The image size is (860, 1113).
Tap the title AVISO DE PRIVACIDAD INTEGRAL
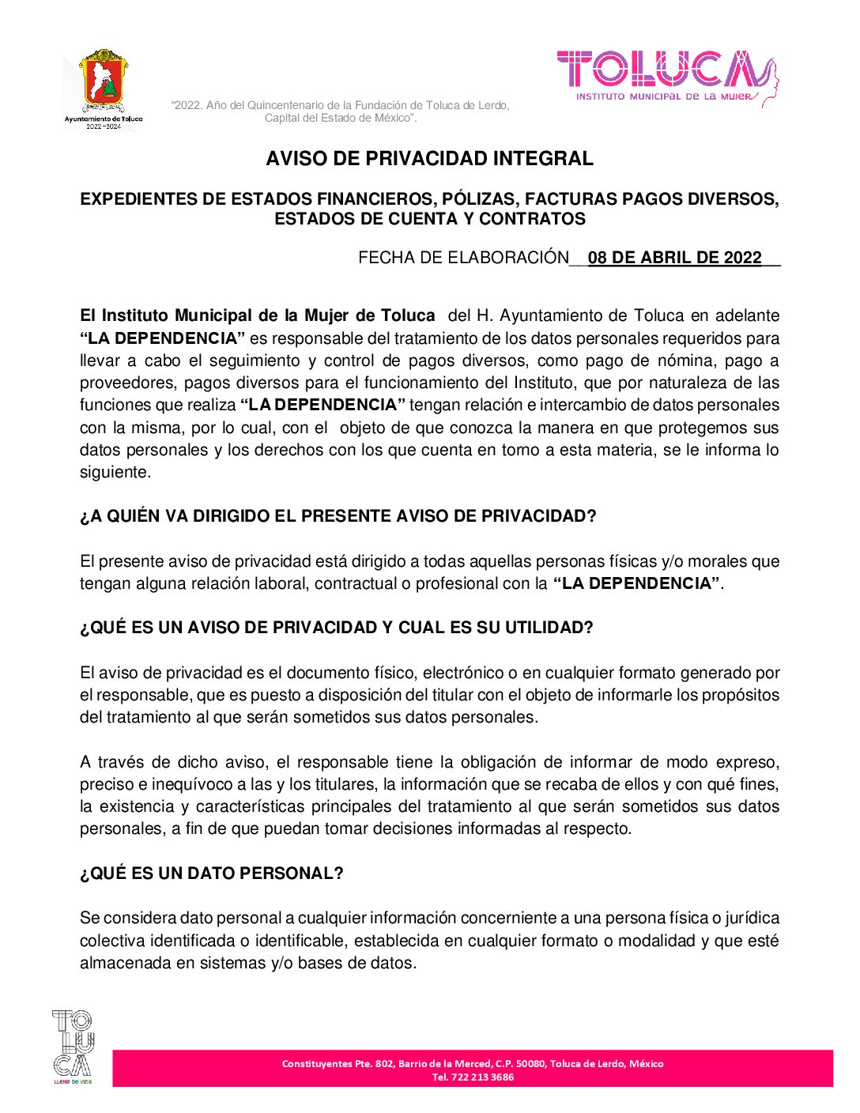coord(429,158)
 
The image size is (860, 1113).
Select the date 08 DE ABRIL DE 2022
coord(674,258)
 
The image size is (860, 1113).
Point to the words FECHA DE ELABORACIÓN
coord(463,258)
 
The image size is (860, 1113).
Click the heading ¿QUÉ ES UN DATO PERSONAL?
coord(211,873)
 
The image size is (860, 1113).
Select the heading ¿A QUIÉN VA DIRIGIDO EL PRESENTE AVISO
coord(338,516)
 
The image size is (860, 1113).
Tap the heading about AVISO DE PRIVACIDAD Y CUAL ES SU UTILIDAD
coord(336,628)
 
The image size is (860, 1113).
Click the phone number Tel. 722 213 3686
coord(473,1077)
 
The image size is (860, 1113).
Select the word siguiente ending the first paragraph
coord(114,473)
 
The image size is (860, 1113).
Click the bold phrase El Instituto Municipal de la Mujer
coord(257,315)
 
